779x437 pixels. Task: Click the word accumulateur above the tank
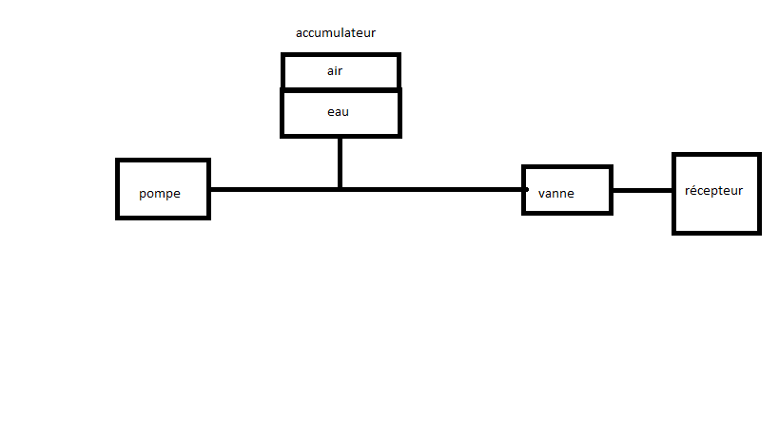coord(336,32)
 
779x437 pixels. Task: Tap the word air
coord(335,70)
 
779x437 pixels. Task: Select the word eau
coord(338,112)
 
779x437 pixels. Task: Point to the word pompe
coord(160,193)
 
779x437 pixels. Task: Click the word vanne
coord(556,193)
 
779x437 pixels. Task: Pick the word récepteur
coord(713,190)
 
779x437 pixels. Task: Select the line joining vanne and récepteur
coord(643,190)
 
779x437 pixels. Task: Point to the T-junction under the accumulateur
coord(340,189)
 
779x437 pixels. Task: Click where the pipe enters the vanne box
coord(525,189)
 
